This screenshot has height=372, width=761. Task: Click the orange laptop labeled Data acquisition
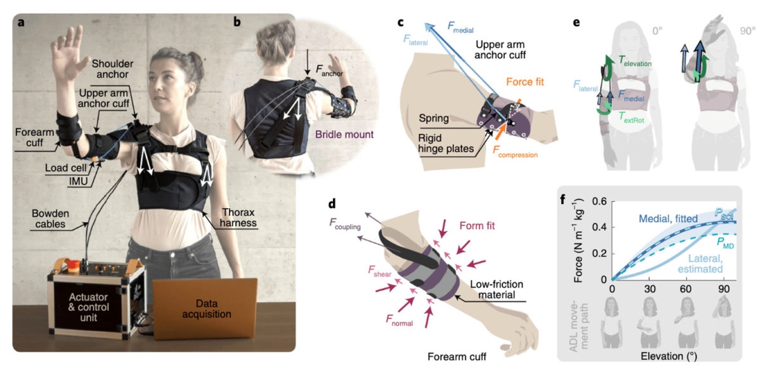point(205,309)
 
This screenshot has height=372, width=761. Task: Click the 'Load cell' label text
point(66,168)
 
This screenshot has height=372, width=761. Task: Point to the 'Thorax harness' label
point(238,218)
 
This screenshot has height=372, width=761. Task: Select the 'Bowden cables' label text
point(50,218)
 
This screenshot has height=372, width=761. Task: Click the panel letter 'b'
point(237,22)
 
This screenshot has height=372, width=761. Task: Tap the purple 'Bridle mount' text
point(344,135)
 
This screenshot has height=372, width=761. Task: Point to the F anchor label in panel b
point(329,70)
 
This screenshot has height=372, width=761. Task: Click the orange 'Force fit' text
point(525,82)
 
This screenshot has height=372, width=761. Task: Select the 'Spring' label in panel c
point(434,118)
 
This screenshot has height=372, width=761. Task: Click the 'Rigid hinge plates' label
point(446,143)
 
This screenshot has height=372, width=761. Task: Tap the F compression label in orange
point(515,152)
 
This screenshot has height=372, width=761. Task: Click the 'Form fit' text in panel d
point(477,226)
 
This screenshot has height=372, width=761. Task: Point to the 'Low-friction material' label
point(497,289)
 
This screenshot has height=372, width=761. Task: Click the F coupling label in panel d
point(345,223)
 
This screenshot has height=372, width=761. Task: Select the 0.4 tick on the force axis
point(599,227)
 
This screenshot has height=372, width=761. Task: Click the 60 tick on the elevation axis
point(686,289)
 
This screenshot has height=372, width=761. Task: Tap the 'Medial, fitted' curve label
point(668,218)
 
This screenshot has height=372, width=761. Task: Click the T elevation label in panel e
point(635,61)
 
